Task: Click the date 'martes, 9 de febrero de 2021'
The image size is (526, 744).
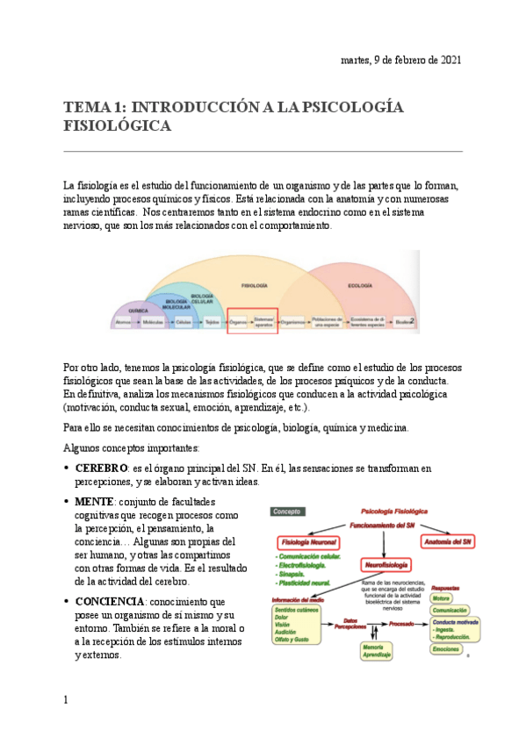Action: click(x=400, y=60)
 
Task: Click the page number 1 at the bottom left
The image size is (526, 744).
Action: click(x=66, y=700)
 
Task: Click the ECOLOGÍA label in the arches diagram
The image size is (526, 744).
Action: click(x=359, y=285)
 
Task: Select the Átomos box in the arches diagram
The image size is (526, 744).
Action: click(x=125, y=323)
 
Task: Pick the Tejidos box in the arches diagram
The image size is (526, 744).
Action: click(x=213, y=323)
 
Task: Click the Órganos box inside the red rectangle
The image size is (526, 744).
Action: click(x=239, y=323)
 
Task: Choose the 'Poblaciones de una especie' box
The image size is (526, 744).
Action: click(x=326, y=323)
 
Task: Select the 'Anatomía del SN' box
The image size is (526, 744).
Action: click(x=450, y=540)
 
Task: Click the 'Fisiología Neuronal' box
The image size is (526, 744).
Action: click(x=308, y=541)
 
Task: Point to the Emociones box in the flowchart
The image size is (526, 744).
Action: click(x=446, y=649)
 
